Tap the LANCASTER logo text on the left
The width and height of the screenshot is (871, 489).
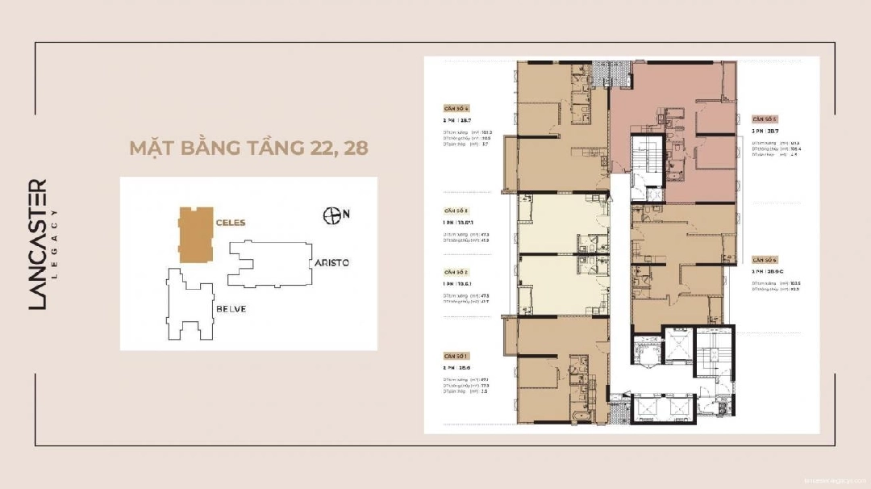pos(38,244)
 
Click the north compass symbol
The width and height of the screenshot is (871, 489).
pos(331,215)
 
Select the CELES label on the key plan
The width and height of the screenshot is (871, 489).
pos(230,222)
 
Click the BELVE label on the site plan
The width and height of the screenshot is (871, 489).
pos(230,309)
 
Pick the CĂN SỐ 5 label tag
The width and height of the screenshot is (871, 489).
pos(765,118)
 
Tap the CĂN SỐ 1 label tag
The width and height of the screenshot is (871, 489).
pos(457,355)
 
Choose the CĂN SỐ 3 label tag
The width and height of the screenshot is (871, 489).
pos(457,210)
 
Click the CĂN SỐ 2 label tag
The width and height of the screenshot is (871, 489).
pos(457,273)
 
